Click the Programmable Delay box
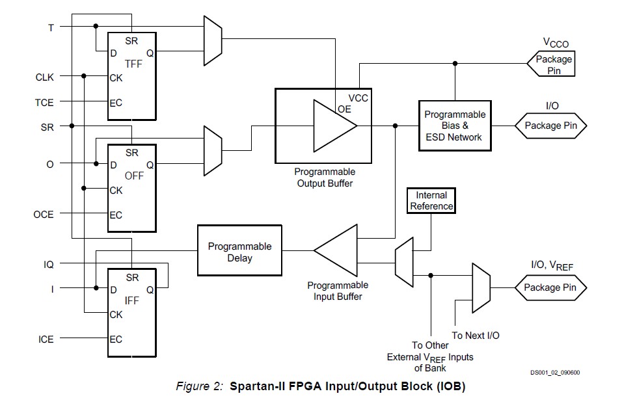[239, 252]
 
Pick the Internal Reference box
[431, 201]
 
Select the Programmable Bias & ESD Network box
[455, 126]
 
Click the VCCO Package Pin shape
[553, 64]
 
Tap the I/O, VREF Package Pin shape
[551, 287]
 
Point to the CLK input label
[45, 77]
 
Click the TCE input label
[45, 102]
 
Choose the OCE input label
[44, 214]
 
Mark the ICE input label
[46, 339]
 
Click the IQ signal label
[49, 265]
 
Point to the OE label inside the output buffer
[344, 109]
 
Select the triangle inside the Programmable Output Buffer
[333, 126]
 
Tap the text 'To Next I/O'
[476, 336]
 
